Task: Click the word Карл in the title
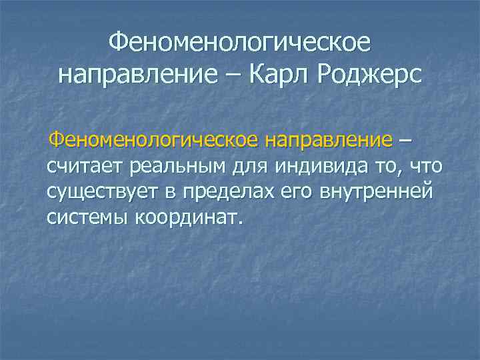tap(277, 75)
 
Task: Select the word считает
tap(85, 166)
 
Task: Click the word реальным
tap(173, 166)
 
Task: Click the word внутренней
tap(377, 192)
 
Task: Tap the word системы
tap(89, 217)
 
